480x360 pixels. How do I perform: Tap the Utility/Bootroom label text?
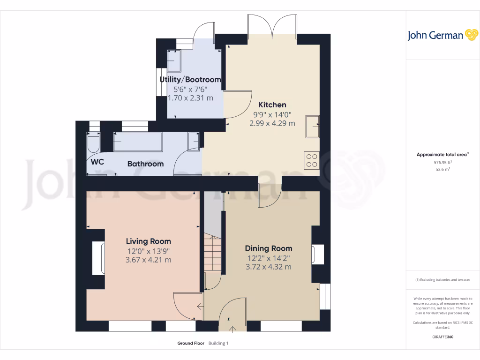click(x=190, y=80)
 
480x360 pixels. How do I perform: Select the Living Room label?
click(x=148, y=241)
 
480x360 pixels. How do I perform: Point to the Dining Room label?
click(x=269, y=248)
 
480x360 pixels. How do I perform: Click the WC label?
click(x=97, y=162)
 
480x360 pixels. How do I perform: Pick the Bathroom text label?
click(x=145, y=164)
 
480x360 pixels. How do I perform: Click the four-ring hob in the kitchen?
click(x=311, y=160)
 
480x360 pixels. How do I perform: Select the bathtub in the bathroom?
click(x=138, y=142)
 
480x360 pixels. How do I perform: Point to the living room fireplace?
click(x=98, y=258)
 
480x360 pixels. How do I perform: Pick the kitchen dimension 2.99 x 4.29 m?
click(x=272, y=123)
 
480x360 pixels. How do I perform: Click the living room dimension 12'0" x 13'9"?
click(x=148, y=251)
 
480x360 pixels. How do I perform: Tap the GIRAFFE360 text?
click(x=443, y=337)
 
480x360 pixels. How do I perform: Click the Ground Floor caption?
click(x=191, y=343)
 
